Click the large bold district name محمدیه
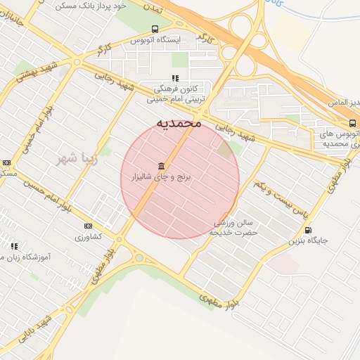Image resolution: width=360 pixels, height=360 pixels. tap(179, 123)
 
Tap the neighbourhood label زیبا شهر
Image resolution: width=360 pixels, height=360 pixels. tap(79, 158)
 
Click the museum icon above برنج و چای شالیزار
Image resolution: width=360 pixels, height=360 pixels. tap(162, 166)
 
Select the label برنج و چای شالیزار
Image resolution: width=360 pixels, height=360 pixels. tap(166, 178)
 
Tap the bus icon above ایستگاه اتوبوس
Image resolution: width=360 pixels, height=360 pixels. tap(155, 29)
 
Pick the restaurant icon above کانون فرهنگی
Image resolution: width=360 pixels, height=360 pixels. tap(174, 78)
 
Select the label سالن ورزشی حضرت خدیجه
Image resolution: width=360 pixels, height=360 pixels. tap(236, 227)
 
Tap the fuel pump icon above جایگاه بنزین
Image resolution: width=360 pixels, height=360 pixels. tap(307, 230)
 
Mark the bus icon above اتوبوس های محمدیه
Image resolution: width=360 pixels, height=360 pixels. tap(352, 122)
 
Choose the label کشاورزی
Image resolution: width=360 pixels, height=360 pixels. tap(89, 237)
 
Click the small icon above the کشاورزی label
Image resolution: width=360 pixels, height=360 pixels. tap(88, 226)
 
